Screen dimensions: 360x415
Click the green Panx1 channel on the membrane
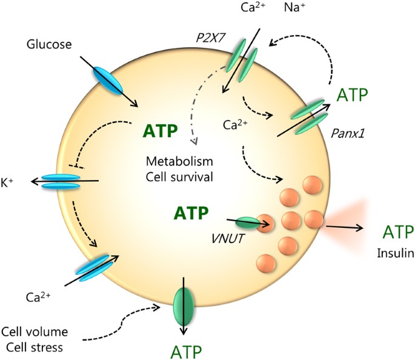(x=310, y=113)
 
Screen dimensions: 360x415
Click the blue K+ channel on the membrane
(x=61, y=181)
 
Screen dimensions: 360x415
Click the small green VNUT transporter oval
(x=246, y=223)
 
